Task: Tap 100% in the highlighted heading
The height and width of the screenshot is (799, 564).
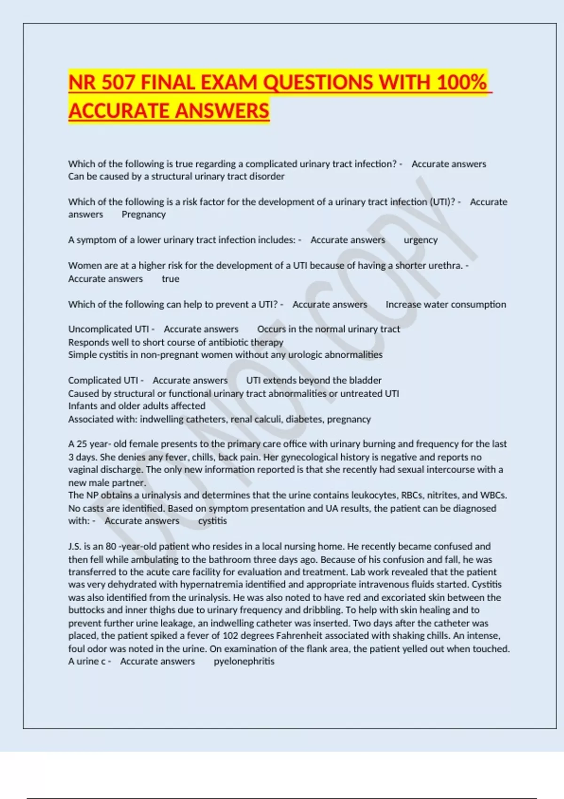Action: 461,83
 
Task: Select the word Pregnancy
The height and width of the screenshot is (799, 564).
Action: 143,214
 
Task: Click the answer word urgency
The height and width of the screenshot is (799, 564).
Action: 420,240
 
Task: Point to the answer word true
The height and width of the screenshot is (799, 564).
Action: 170,279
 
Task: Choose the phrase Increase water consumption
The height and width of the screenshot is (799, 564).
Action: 446,304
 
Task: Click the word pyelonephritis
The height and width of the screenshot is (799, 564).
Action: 244,661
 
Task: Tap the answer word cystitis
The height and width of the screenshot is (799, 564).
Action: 212,521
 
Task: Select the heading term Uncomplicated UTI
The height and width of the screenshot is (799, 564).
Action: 108,329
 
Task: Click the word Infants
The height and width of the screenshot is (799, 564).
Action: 83,406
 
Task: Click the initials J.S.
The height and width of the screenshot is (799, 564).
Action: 75,547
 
